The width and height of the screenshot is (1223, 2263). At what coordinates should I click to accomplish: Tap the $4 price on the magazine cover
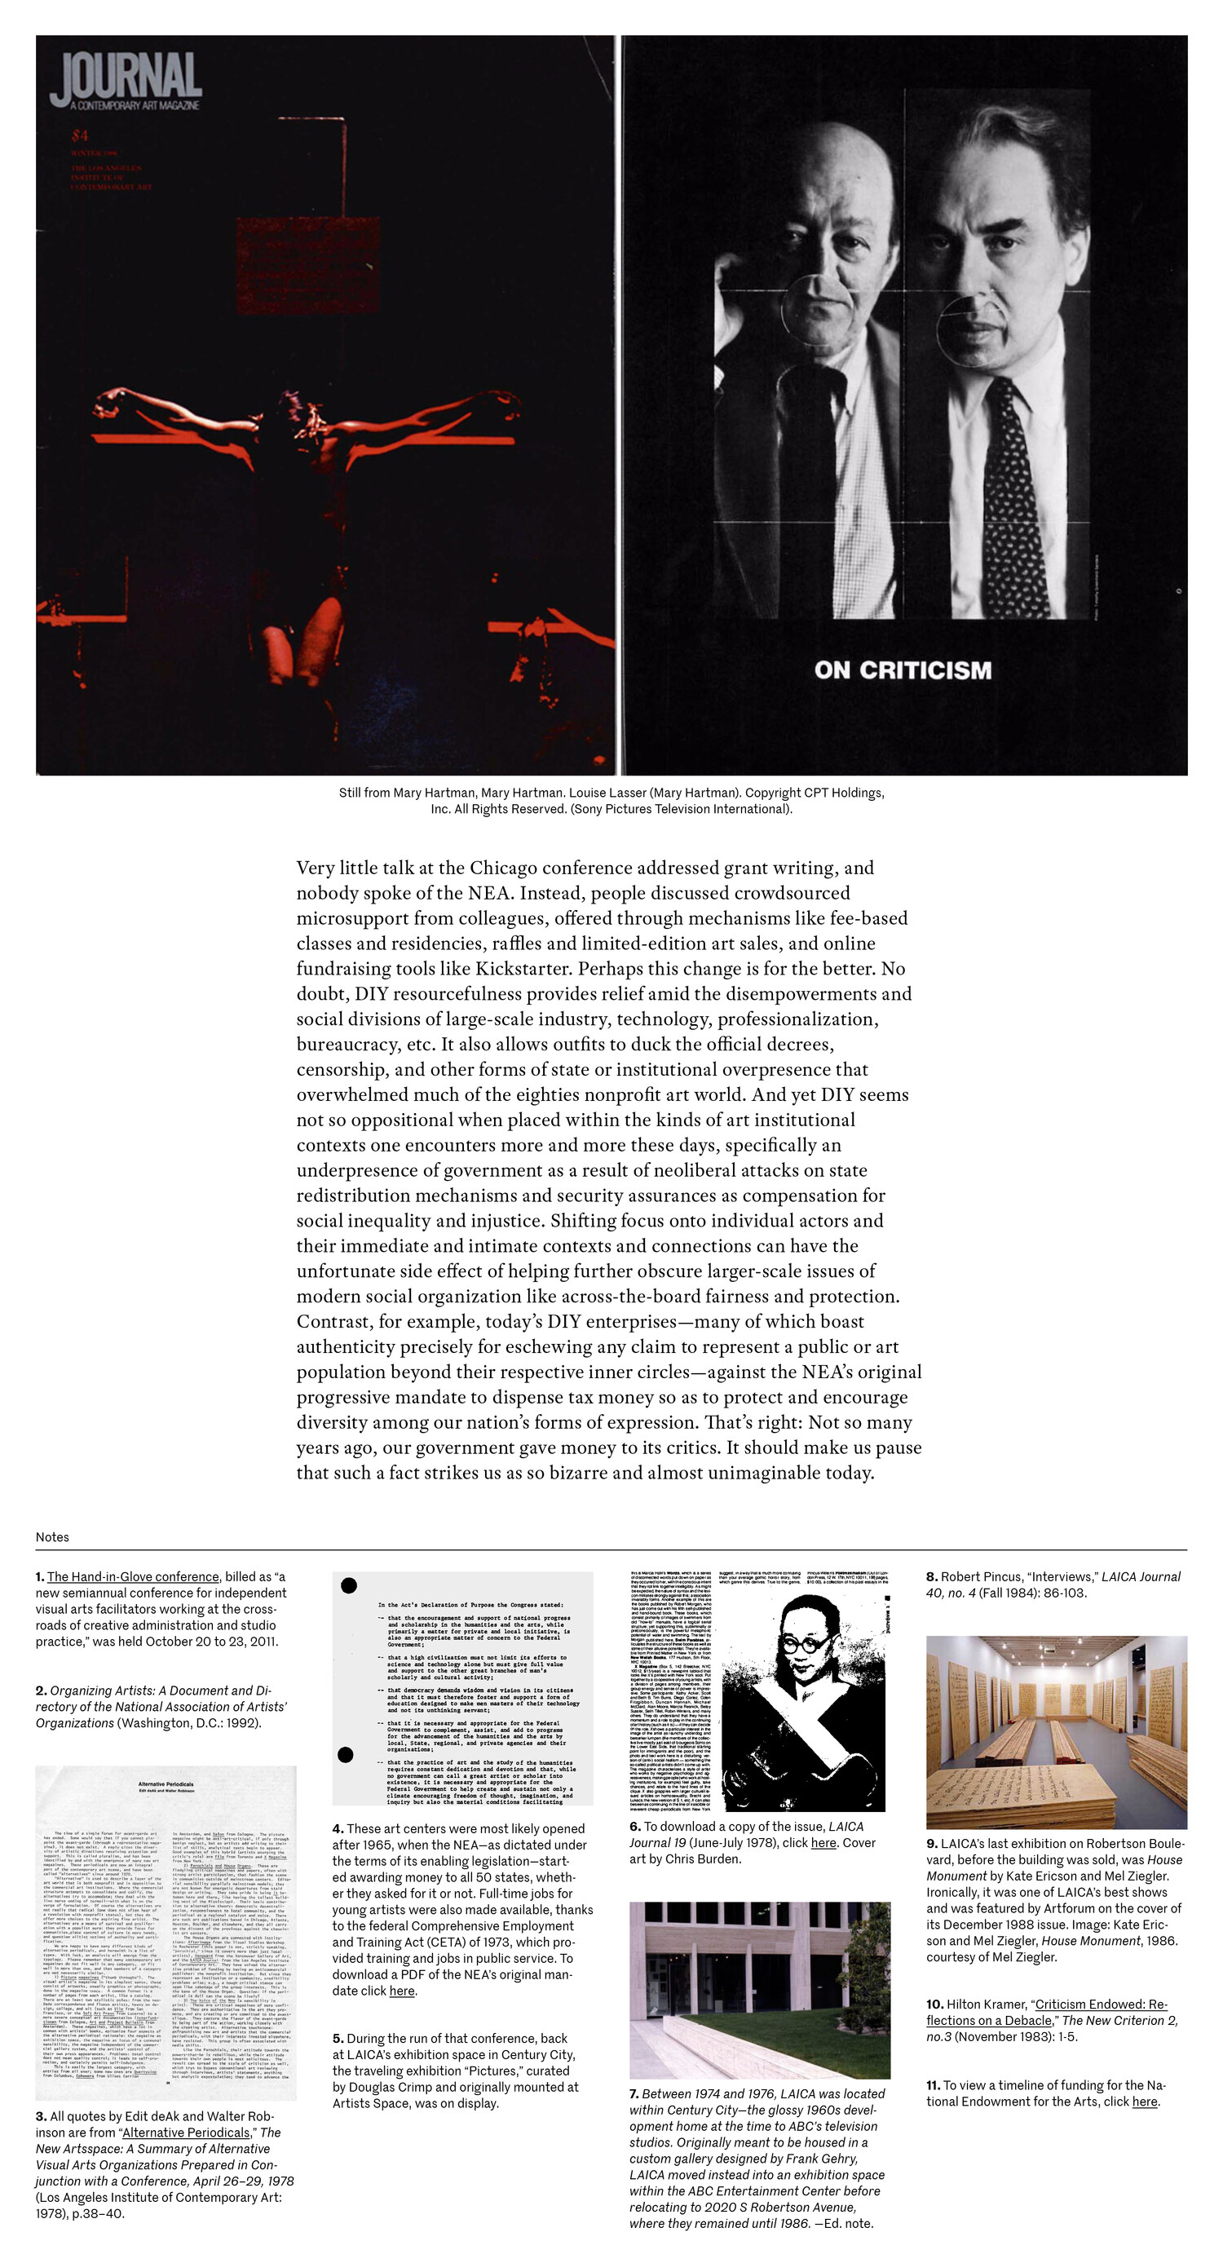pyautogui.click(x=80, y=135)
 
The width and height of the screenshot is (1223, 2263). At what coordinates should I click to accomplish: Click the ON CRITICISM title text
pyautogui.click(x=903, y=670)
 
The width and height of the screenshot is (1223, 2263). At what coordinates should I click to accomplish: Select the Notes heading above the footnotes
pyautogui.click(x=52, y=1536)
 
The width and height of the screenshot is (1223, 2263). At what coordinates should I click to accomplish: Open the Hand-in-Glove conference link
pyautogui.click(x=133, y=1577)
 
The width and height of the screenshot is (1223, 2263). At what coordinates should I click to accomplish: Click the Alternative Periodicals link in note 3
pyautogui.click(x=185, y=2132)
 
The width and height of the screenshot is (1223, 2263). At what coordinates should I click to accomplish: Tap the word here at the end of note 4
pyautogui.click(x=401, y=1991)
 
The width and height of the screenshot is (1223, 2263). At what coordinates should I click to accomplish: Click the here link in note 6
pyautogui.click(x=823, y=1843)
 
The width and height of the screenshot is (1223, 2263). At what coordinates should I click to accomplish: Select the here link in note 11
pyautogui.click(x=1144, y=2102)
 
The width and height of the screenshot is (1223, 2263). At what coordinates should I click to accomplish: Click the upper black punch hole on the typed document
pyautogui.click(x=349, y=1585)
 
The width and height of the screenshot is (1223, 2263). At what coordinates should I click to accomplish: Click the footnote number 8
pyautogui.click(x=931, y=1577)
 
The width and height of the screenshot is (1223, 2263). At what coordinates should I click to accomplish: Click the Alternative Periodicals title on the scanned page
pyautogui.click(x=166, y=1784)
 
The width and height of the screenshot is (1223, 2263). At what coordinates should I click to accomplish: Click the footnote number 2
pyautogui.click(x=41, y=1691)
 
